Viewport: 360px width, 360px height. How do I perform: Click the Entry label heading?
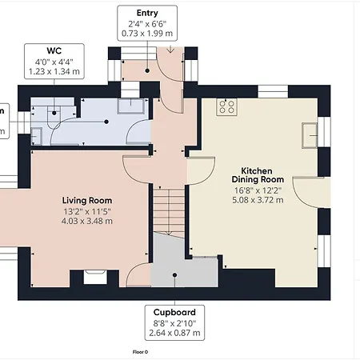coord(147,13)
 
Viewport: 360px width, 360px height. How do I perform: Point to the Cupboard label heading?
coord(174,311)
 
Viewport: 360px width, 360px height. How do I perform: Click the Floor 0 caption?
coord(141,351)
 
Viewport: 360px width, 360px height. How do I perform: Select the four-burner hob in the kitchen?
coord(227,106)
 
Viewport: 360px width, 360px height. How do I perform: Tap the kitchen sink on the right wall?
coord(308,135)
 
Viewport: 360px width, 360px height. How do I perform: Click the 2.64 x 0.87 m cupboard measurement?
coord(174,333)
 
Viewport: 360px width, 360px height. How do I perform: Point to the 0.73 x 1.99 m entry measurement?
coord(147,34)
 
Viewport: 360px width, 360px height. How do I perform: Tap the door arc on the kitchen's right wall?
coord(304,188)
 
